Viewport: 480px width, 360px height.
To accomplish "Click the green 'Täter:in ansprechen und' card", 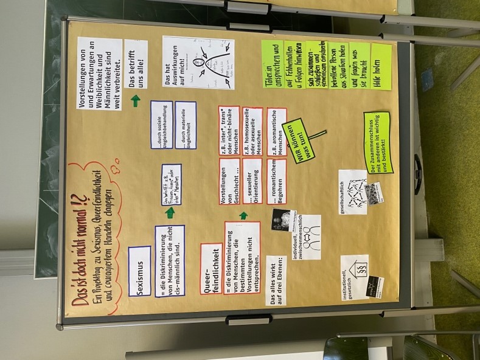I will coord(272,67).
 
